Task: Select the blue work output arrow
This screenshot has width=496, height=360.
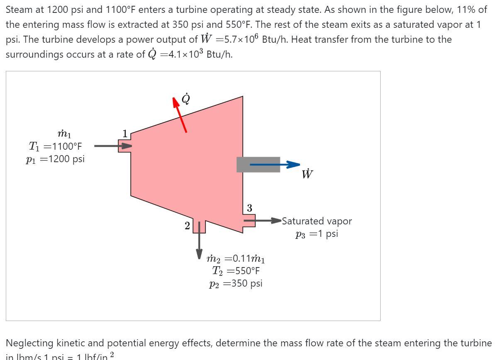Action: (x=274, y=165)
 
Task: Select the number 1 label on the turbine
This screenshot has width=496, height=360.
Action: (x=125, y=133)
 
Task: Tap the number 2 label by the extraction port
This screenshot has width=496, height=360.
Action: (x=187, y=226)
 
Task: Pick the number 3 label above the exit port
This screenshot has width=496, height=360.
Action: (x=249, y=208)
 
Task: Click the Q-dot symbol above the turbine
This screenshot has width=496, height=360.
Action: (x=186, y=99)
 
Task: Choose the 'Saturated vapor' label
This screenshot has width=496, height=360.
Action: (x=317, y=221)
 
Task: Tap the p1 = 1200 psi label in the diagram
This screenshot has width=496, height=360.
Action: (x=55, y=160)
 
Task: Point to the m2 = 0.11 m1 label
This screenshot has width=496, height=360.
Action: (x=236, y=259)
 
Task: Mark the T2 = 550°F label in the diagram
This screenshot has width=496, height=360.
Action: (x=236, y=271)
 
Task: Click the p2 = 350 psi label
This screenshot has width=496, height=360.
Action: (x=236, y=284)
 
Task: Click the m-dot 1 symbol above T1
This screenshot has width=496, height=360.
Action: (x=64, y=134)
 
